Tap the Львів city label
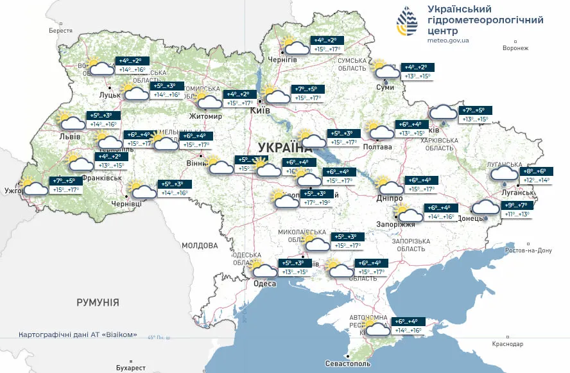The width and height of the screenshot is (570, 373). tap(69, 137)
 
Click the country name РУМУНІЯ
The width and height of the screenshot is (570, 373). tap(98, 302)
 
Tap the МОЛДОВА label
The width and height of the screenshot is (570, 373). tap(200, 245)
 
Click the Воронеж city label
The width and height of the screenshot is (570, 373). tap(515, 48)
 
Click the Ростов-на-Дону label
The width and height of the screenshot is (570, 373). tap(529, 250)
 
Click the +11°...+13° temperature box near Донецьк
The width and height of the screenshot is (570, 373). tap(518, 214)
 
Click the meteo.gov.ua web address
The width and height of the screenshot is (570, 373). tap(448, 40)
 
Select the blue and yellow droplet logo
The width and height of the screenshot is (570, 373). tap(407, 23)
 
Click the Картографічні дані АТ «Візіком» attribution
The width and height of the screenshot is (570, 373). tap(78, 335)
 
